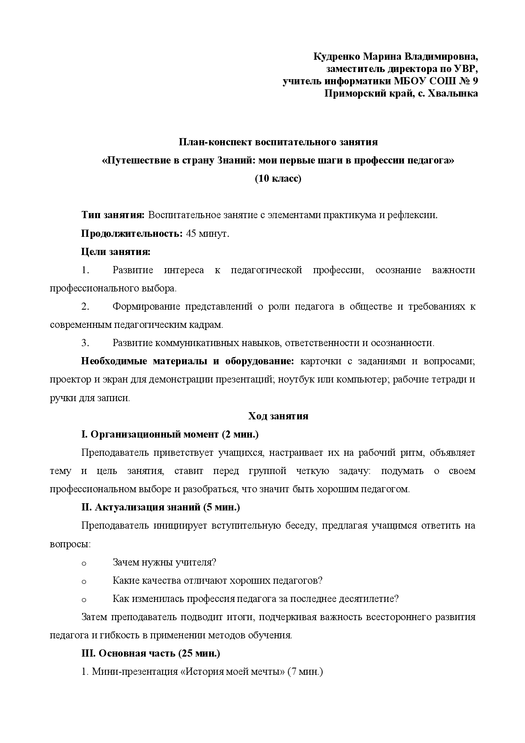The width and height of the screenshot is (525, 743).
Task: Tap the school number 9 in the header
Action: pyautogui.click(x=475, y=81)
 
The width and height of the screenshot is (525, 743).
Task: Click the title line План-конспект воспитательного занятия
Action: pyautogui.click(x=278, y=142)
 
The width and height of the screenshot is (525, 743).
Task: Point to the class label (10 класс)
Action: pyautogui.click(x=278, y=178)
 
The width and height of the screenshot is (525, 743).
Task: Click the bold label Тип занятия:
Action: pyautogui.click(x=113, y=215)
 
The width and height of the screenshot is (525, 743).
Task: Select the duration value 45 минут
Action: pyautogui.click(x=207, y=233)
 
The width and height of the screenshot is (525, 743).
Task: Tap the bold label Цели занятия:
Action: pyautogui.click(x=116, y=252)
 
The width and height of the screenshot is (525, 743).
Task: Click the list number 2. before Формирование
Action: pyautogui.click(x=85, y=306)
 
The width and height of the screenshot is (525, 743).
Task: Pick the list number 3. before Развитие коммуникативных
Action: pyautogui.click(x=85, y=343)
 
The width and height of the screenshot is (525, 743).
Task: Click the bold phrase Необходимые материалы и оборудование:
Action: pyautogui.click(x=187, y=361)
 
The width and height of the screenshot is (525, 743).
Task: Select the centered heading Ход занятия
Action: pyautogui.click(x=278, y=416)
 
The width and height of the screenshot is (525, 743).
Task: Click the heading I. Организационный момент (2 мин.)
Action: pyautogui.click(x=170, y=434)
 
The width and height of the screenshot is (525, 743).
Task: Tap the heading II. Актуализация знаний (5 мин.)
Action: pyautogui.click(x=160, y=507)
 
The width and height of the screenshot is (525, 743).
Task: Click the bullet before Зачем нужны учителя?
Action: pyautogui.click(x=83, y=563)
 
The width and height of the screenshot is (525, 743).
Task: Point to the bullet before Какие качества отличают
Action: pyautogui.click(x=83, y=581)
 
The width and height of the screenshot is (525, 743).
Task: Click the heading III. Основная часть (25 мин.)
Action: pyautogui.click(x=150, y=653)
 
